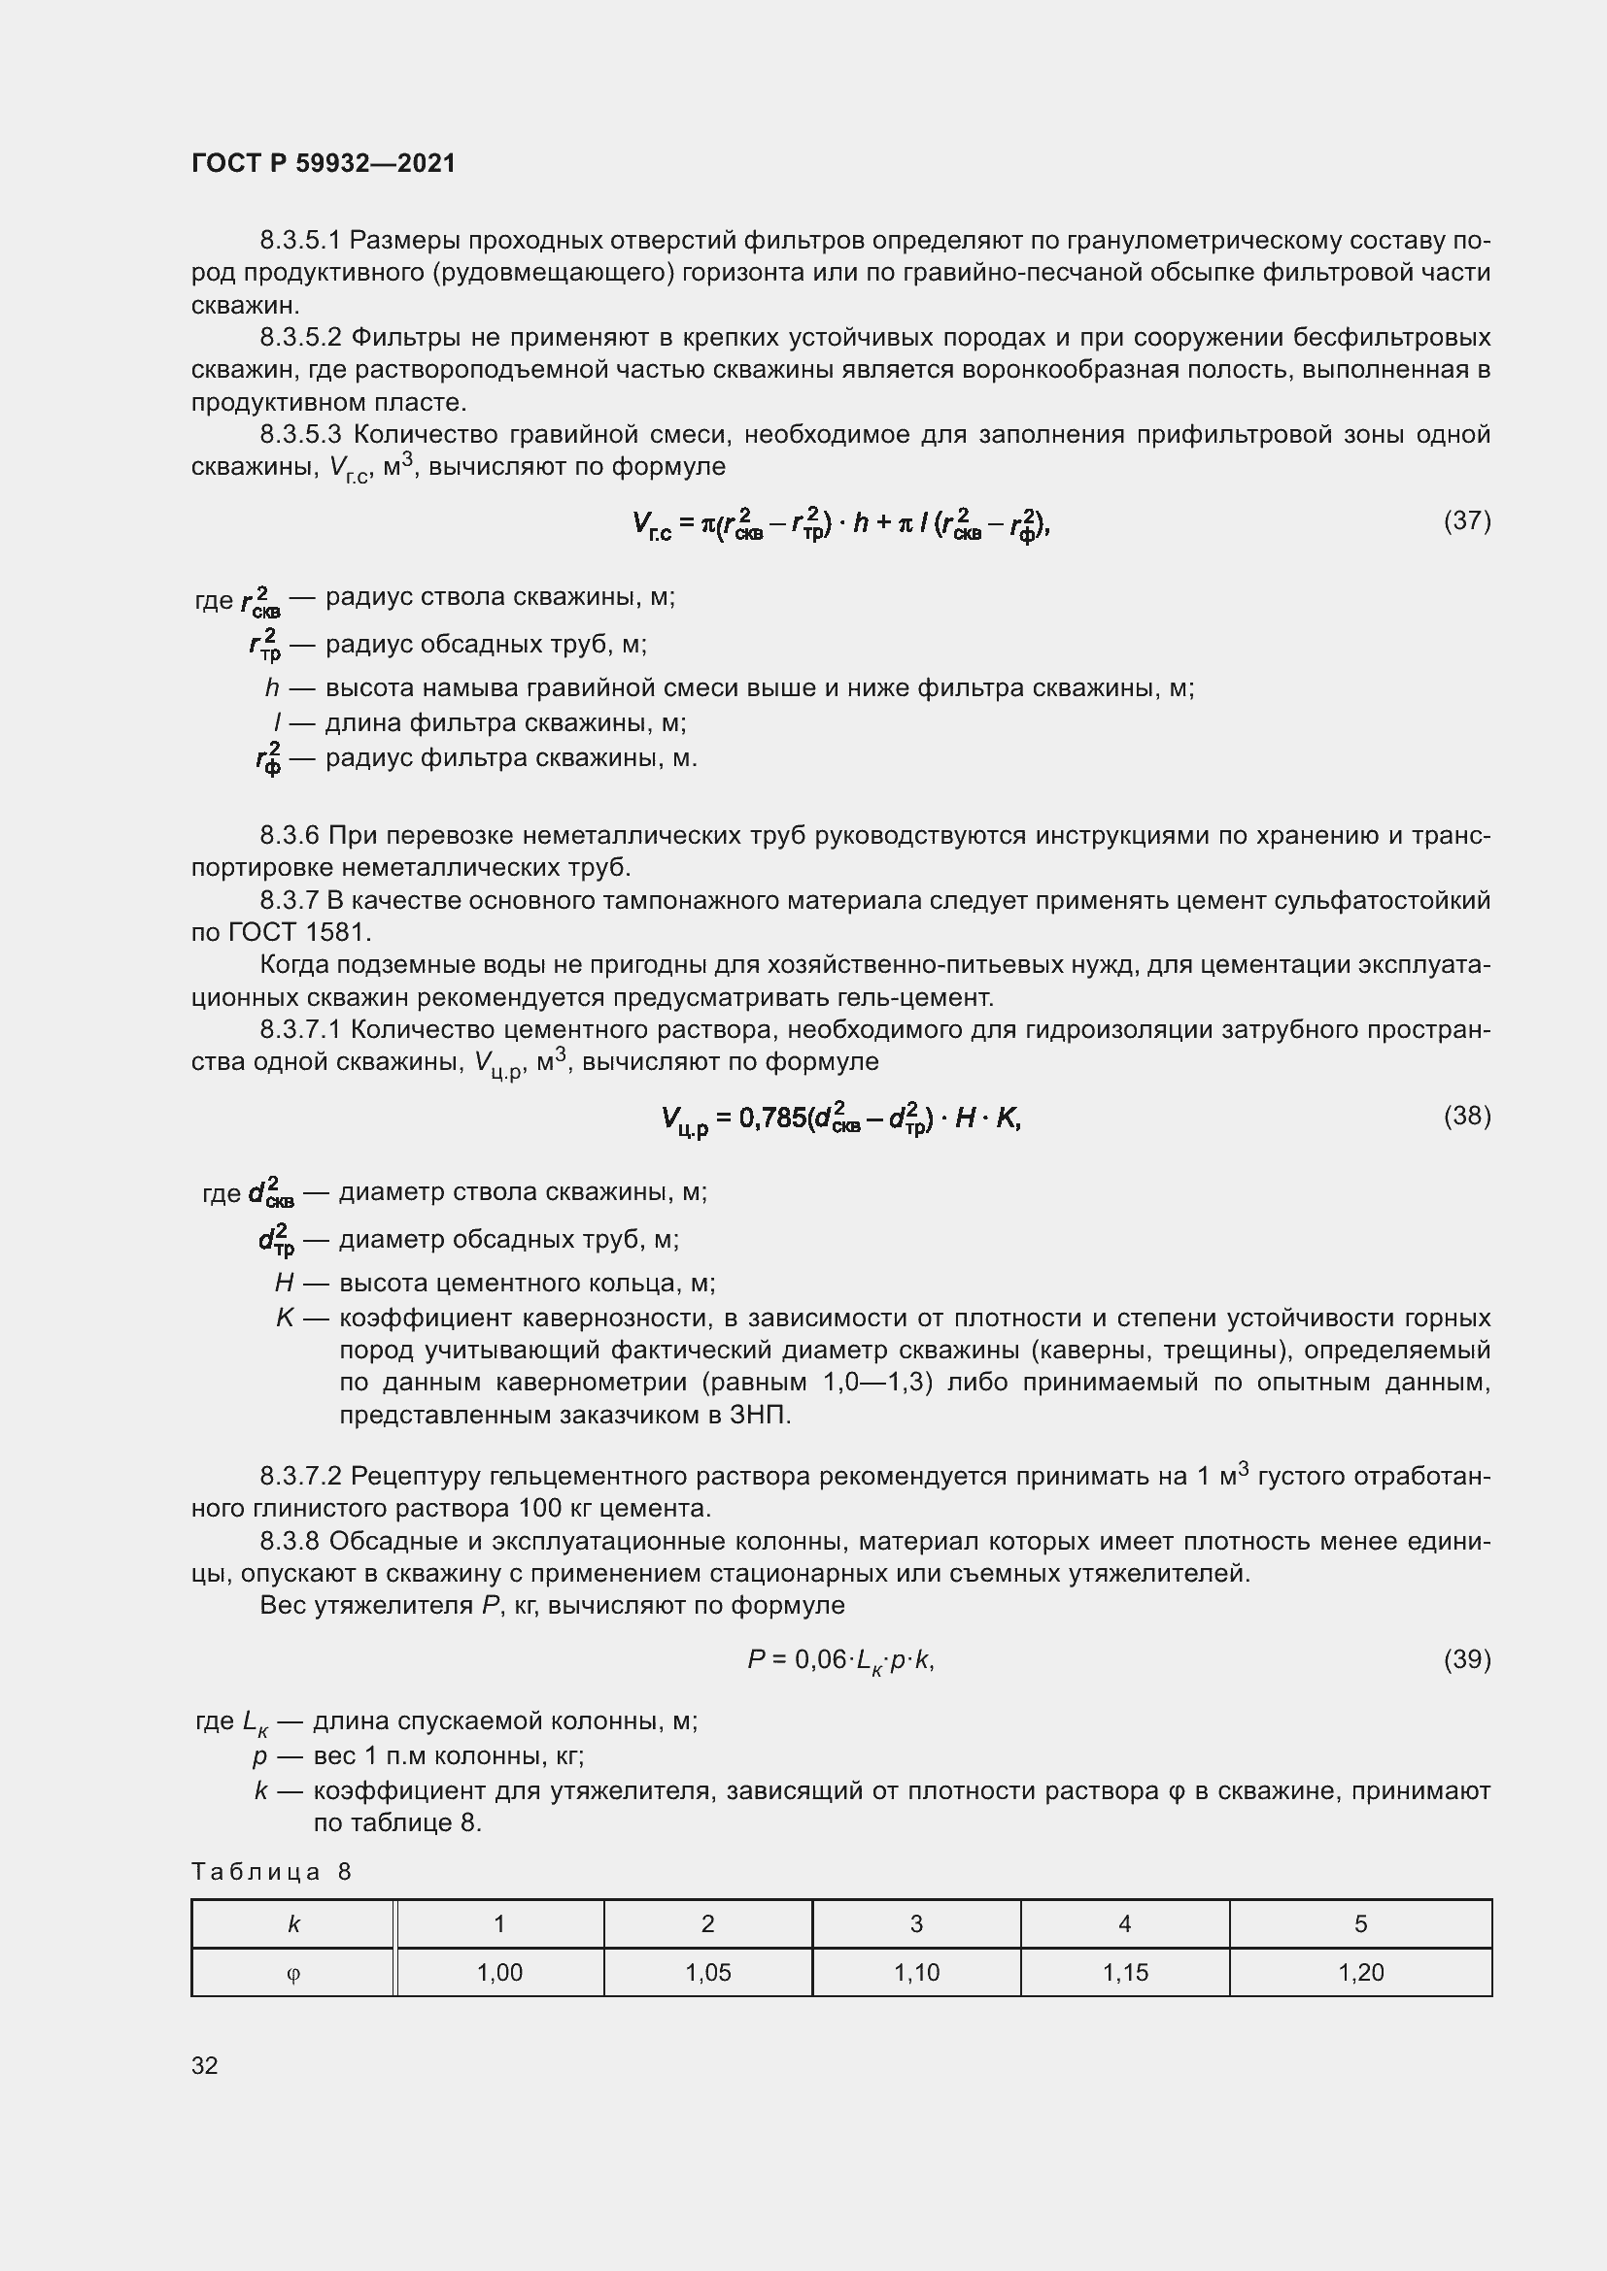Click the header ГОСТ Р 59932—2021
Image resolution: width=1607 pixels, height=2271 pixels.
click(x=324, y=163)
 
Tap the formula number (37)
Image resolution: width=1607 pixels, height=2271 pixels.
click(x=1466, y=520)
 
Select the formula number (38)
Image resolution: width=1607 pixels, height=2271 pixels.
click(x=1466, y=1116)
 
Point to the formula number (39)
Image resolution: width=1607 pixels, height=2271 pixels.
click(x=1466, y=1658)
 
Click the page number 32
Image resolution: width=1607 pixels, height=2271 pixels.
click(x=205, y=2065)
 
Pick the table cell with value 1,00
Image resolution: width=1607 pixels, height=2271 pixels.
click(x=499, y=1972)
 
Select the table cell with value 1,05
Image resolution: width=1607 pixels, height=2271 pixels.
click(x=707, y=1972)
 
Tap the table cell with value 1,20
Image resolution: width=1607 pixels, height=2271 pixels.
click(x=1360, y=1972)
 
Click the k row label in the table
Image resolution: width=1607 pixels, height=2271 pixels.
click(x=292, y=1923)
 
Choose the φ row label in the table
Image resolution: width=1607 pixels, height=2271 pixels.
click(x=292, y=1973)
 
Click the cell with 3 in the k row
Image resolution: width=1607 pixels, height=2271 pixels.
click(x=916, y=1923)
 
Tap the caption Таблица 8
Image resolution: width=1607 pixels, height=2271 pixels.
click(x=271, y=1871)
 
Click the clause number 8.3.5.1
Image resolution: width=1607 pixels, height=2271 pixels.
click(x=300, y=241)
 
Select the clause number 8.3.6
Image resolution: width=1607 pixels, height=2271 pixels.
click(x=289, y=836)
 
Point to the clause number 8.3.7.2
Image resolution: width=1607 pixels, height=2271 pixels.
click(x=300, y=1477)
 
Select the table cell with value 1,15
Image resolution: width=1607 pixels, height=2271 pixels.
click(x=1125, y=1972)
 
